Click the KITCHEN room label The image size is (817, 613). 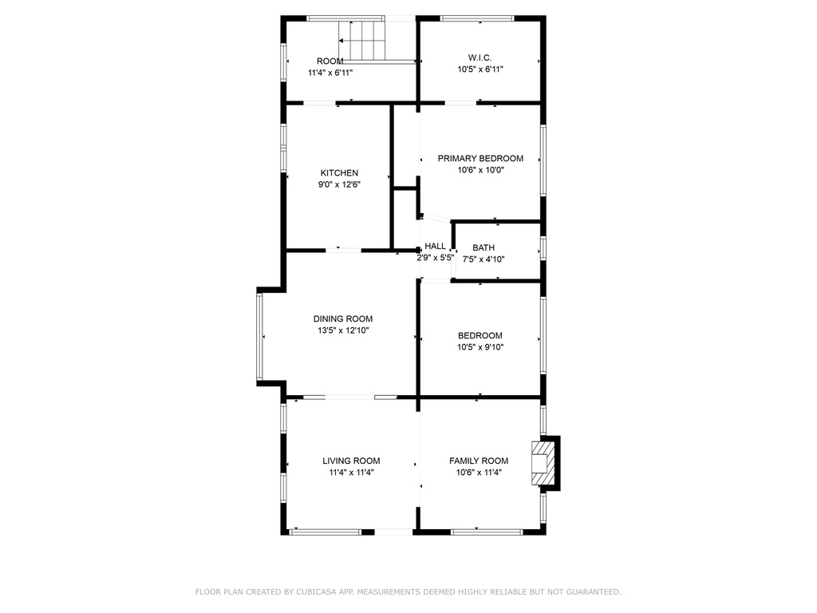click(339, 173)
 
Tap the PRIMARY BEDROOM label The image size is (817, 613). click(480, 159)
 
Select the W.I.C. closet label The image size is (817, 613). click(480, 57)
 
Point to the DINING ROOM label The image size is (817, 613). click(343, 319)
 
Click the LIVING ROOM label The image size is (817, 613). click(351, 461)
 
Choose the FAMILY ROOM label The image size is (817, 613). click(479, 461)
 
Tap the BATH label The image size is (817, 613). click(483, 248)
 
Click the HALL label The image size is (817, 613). click(435, 246)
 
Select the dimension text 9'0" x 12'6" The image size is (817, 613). click(340, 184)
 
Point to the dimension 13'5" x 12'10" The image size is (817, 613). click(343, 330)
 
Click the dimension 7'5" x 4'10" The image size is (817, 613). click(483, 259)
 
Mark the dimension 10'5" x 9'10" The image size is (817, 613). click(480, 347)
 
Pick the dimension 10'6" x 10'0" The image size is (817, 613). click(481, 170)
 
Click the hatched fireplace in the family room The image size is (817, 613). click(542, 464)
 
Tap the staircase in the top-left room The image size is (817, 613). click(362, 41)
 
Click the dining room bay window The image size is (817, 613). click(259, 337)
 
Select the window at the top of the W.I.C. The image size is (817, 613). click(477, 19)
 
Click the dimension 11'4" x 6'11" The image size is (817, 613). click(330, 73)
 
